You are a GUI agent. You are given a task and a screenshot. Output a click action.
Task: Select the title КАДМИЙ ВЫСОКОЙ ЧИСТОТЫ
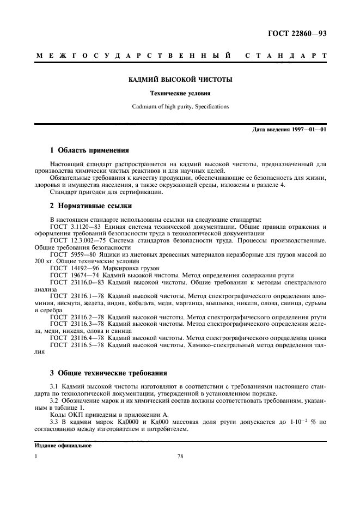click(180, 80)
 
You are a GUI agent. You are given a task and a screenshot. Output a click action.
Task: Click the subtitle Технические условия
click(180, 93)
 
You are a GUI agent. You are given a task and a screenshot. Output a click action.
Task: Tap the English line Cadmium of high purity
click(180, 106)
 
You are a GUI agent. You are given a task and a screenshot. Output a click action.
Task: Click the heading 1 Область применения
click(89, 150)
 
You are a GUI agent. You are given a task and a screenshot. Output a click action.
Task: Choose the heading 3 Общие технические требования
click(108, 373)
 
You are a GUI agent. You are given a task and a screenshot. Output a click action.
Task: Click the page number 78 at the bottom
click(180, 457)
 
